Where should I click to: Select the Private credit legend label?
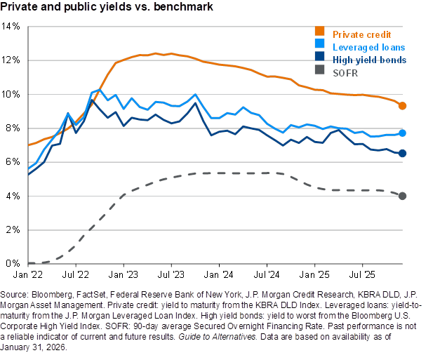tap(361, 34)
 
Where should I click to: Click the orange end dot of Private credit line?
tap(402, 105)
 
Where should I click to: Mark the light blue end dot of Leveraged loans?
tap(402, 133)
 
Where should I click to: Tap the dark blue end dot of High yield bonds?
tap(402, 153)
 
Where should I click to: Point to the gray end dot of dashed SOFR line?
tap(402, 195)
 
